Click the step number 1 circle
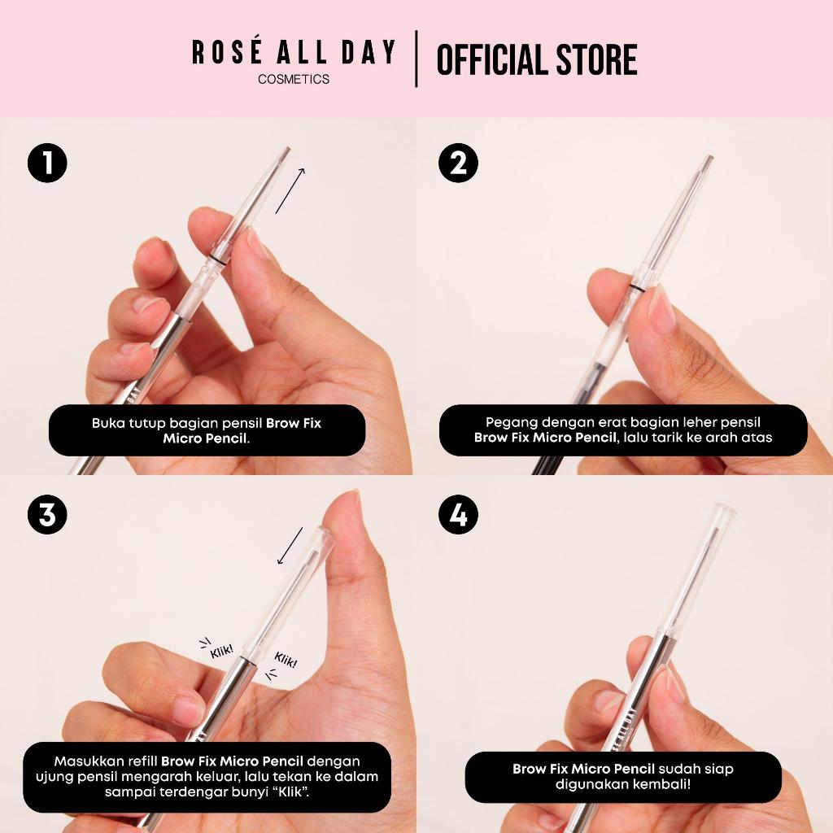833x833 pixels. [x=47, y=163]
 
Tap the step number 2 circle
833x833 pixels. [x=458, y=163]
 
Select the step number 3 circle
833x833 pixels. [x=47, y=514]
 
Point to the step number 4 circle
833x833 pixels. [x=458, y=514]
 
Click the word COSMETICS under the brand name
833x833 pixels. [x=294, y=79]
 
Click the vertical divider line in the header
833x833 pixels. [x=416, y=59]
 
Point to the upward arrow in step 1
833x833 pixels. [x=290, y=190]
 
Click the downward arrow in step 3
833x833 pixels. [x=290, y=546]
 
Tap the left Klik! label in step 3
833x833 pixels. [x=221, y=651]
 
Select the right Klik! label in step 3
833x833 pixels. [x=286, y=660]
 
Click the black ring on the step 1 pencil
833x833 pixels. [x=216, y=259]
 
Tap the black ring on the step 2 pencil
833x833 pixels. [x=635, y=289]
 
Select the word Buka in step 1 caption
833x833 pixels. [x=108, y=423]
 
